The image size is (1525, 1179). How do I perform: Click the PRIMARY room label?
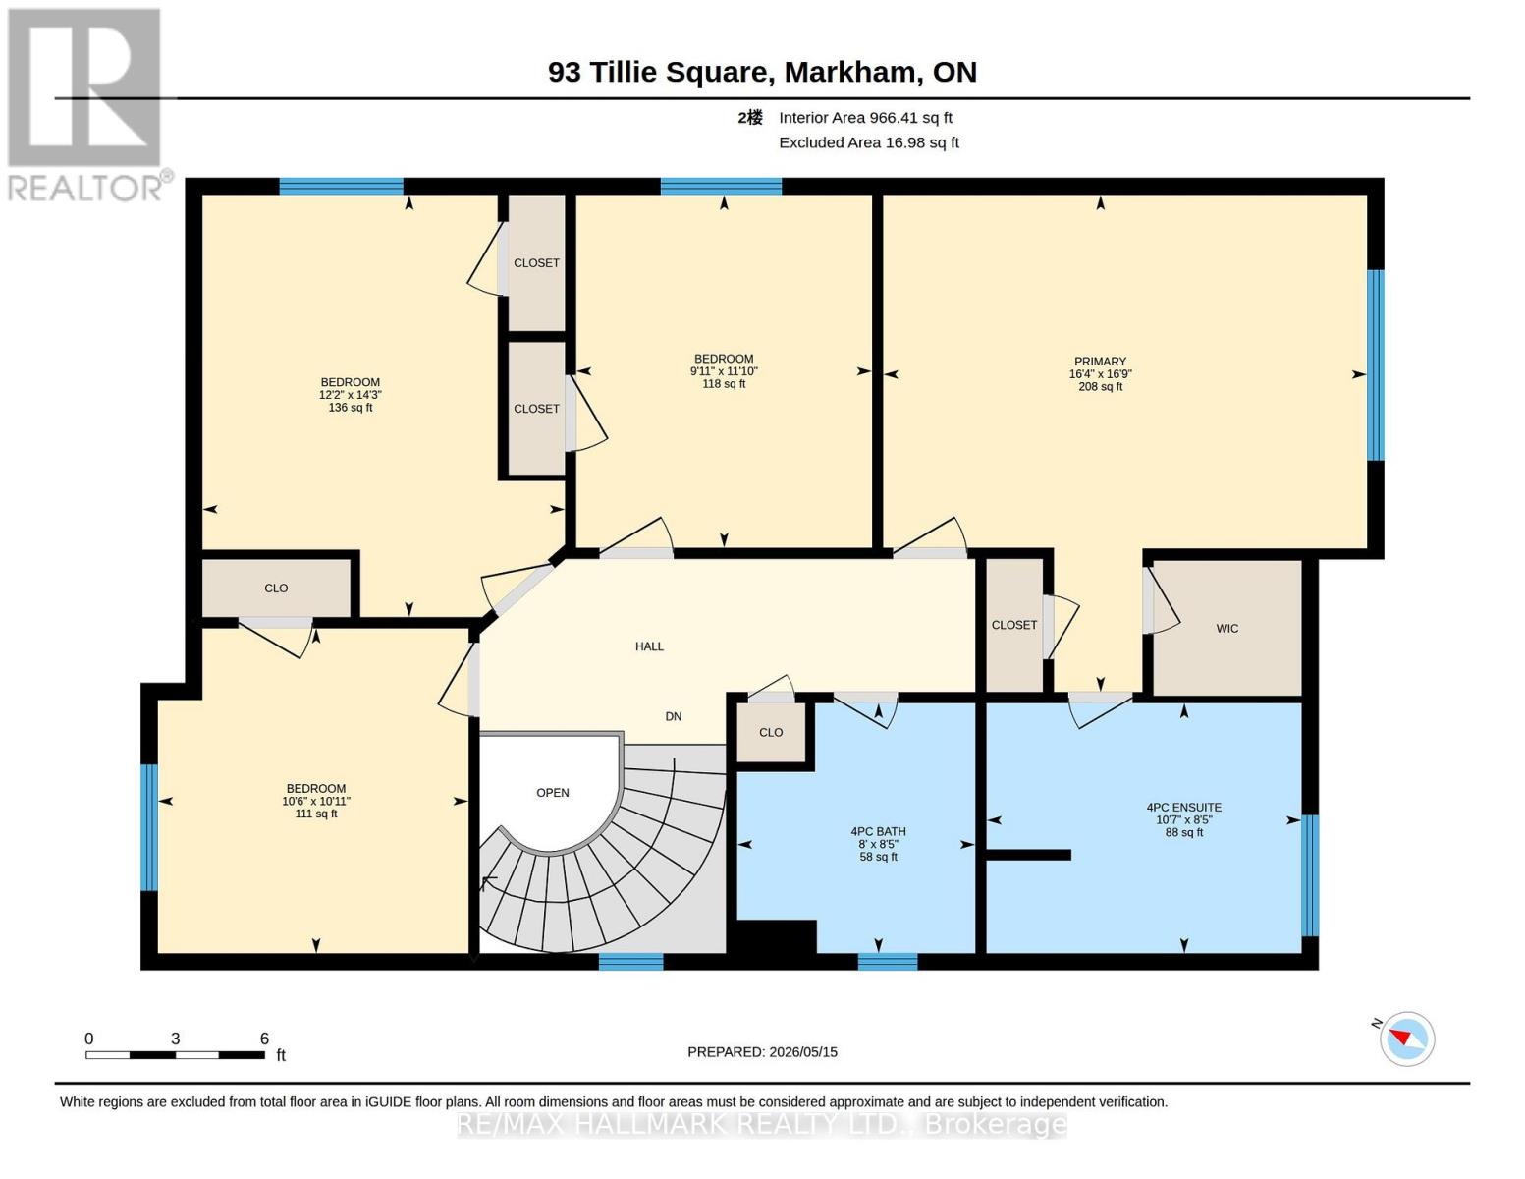tap(1100, 362)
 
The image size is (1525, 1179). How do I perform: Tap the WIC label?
tap(1226, 629)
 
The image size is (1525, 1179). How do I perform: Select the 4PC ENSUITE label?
tap(1184, 808)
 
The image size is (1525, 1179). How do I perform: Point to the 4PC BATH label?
tap(878, 831)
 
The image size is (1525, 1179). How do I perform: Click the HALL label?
tap(649, 646)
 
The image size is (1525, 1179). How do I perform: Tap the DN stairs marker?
tap(673, 717)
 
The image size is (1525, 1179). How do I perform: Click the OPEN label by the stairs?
tap(552, 793)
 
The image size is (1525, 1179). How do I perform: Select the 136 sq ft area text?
tap(351, 408)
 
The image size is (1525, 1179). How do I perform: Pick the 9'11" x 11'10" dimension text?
tap(724, 371)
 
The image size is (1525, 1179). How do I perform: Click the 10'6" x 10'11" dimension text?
tap(316, 801)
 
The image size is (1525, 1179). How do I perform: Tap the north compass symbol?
tap(1406, 1039)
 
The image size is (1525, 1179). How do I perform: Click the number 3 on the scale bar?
tap(176, 1039)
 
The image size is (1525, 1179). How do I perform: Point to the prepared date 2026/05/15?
tap(803, 1052)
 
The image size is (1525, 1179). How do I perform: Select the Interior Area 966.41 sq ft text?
tap(865, 118)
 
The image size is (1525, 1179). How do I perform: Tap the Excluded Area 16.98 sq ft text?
tap(869, 142)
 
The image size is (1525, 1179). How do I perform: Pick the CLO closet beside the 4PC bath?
tap(771, 732)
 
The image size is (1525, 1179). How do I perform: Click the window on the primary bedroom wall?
tap(1376, 365)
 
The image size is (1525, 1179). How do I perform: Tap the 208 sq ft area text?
tap(1101, 387)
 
